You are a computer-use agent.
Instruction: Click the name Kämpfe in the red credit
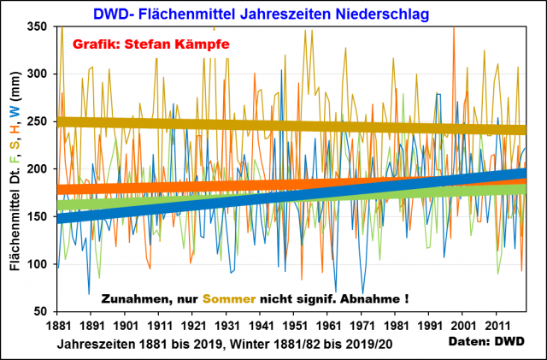[x=202, y=44]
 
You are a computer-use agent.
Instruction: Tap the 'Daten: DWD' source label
[x=487, y=340]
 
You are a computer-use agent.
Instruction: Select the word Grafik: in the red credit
[x=95, y=44]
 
